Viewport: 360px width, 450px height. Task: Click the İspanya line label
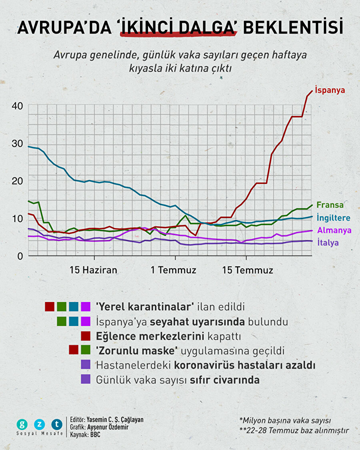point(330,90)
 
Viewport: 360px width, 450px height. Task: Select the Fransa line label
point(330,205)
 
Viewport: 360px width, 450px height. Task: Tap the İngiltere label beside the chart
point(334,218)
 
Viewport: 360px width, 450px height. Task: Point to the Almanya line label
point(334,230)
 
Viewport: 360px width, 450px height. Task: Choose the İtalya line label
point(328,242)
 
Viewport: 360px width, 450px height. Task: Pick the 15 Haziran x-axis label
point(94,270)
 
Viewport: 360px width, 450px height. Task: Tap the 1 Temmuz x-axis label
point(174,270)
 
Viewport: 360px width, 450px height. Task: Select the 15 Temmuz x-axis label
point(248,270)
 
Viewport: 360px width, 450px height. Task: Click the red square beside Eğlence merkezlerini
point(86,335)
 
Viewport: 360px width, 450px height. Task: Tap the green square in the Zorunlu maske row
point(86,350)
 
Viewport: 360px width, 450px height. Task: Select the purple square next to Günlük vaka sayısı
point(86,379)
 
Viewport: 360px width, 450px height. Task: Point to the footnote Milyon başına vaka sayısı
point(285,420)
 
